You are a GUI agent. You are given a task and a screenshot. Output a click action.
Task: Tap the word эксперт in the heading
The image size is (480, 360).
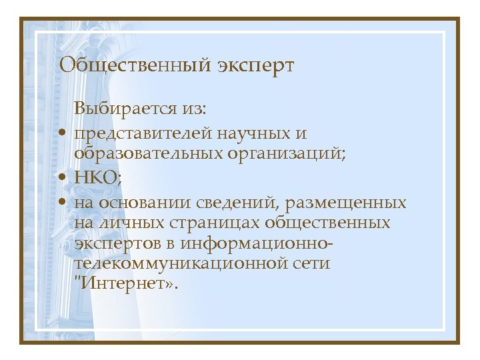[x=255, y=67]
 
